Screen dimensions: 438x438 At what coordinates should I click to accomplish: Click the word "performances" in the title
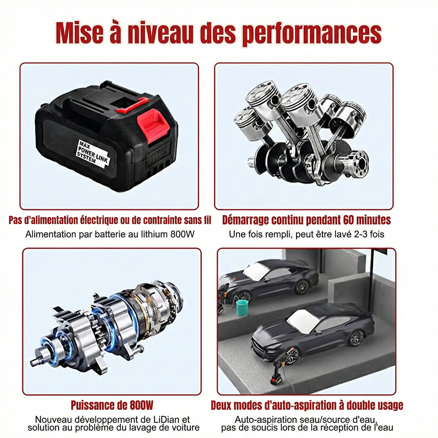[x=312, y=34]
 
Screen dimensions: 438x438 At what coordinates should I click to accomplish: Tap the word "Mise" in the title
[x=79, y=32]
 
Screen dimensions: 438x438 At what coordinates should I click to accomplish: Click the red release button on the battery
[x=153, y=125]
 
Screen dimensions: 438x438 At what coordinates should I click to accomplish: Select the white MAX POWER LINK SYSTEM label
[x=93, y=154]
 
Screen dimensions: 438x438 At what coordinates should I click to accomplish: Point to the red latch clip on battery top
[x=132, y=105]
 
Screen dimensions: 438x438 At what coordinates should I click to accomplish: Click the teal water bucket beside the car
[x=242, y=307]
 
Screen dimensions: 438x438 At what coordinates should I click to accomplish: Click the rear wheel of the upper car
[x=302, y=287]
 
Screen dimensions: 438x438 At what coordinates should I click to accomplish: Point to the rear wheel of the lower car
[x=357, y=338]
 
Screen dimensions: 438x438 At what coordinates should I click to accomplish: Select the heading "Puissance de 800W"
[x=112, y=405]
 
